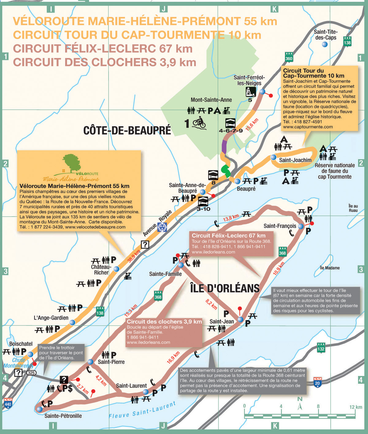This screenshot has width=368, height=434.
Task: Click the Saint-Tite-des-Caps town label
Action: [x=325, y=35]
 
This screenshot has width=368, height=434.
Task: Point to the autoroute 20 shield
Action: [x=317, y=382]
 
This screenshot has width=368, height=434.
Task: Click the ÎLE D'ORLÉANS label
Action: [x=225, y=288]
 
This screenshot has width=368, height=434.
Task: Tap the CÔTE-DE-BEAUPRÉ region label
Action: [x=127, y=131]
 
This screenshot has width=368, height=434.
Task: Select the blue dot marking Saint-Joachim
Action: [x=273, y=157]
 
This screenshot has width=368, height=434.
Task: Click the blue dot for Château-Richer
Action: [x=117, y=269]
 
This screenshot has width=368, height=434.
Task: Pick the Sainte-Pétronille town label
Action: [x=63, y=416]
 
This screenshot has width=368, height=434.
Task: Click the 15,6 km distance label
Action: [x=252, y=124]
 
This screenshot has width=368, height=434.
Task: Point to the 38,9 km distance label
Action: [x=134, y=256]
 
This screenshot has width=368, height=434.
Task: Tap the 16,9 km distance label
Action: [x=173, y=357]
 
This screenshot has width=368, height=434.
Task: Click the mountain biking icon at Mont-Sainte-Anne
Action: [x=199, y=123]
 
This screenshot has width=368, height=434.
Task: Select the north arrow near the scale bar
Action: [x=300, y=405]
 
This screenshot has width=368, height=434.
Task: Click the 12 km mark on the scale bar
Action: [x=355, y=407]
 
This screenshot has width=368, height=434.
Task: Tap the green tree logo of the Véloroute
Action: [x=71, y=163]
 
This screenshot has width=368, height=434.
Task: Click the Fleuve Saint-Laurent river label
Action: [x=142, y=410]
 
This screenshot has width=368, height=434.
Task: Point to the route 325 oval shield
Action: [x=31, y=373]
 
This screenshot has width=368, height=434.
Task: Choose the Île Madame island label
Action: [x=330, y=268]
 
